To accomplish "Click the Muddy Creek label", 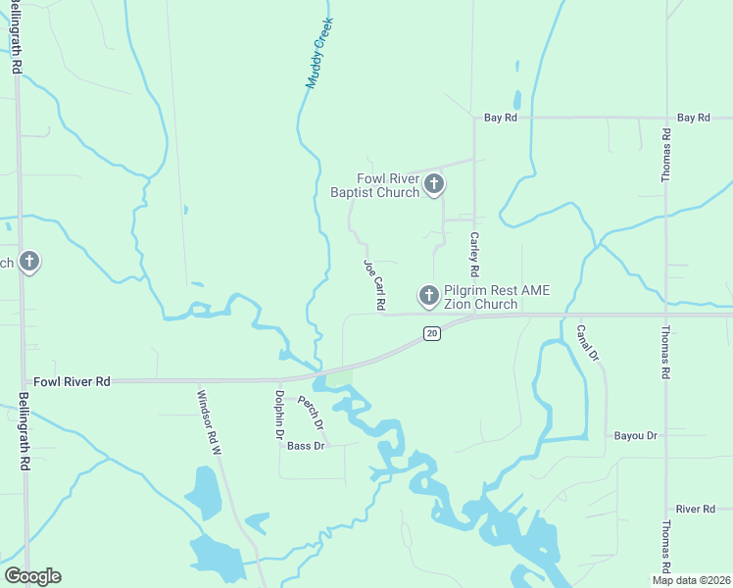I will tap(319, 53).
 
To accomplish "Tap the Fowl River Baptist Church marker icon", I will tap(434, 183).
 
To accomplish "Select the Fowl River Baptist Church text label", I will tap(374, 185).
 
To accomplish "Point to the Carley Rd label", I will tap(474, 253).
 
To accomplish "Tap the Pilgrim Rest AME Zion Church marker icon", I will tap(428, 294).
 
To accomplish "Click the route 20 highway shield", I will tap(431, 334).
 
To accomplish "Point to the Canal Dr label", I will tap(587, 343).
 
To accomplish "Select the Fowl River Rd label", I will tap(72, 381).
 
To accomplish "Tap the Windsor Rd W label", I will tap(211, 422).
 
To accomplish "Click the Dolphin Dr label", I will tap(278, 414).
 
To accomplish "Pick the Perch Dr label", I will tap(311, 414).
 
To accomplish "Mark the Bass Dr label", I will tap(306, 446).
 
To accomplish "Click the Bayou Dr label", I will tap(635, 434).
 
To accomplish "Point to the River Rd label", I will tap(695, 510).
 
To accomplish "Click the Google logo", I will tap(32, 576).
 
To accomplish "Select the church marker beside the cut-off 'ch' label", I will tap(29, 262).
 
